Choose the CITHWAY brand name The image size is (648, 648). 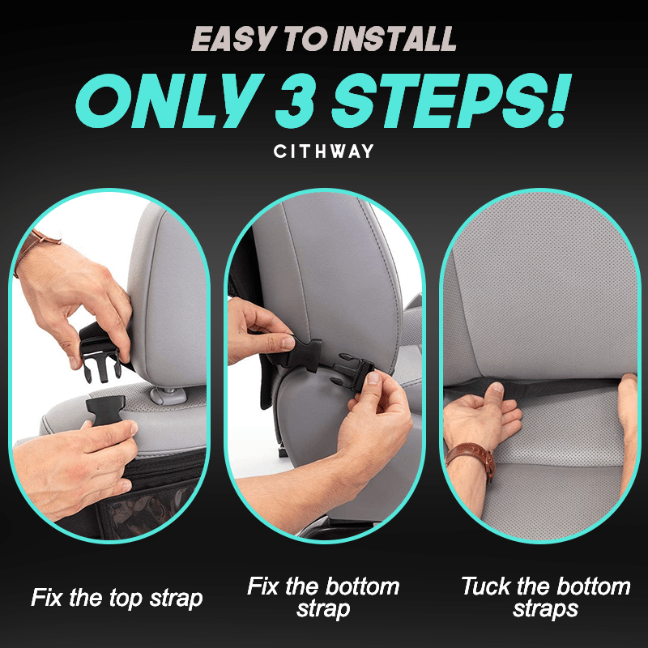(x=323, y=151)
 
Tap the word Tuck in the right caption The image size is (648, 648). (x=485, y=586)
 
